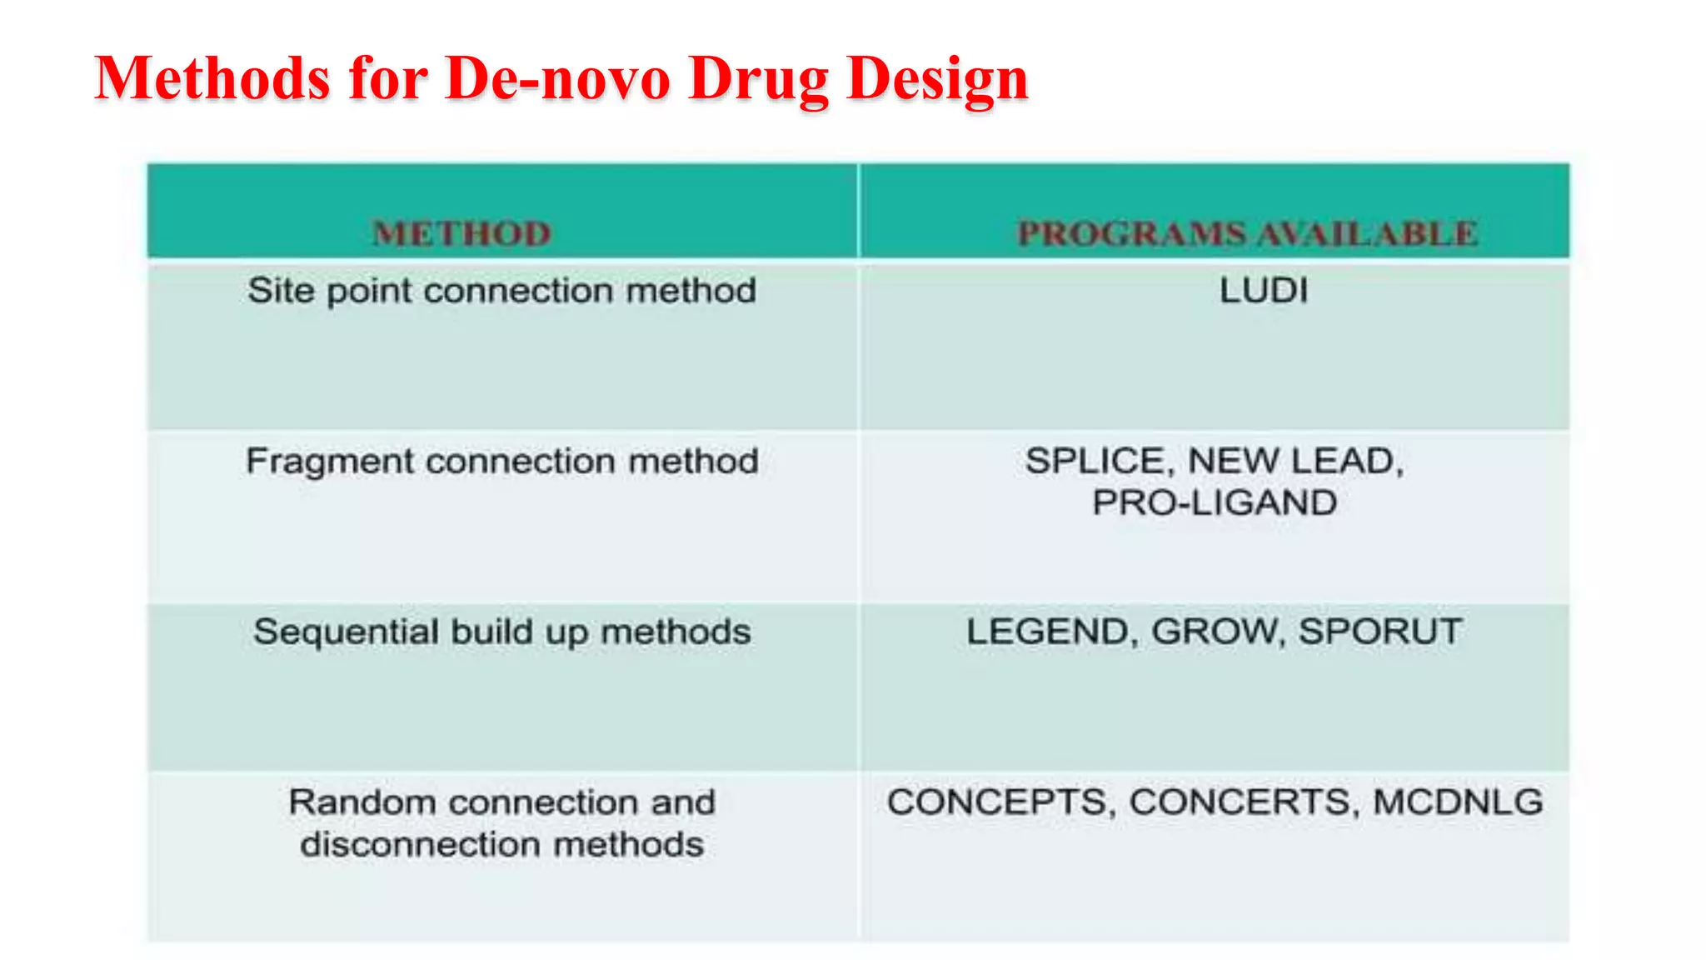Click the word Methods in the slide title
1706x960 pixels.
click(x=212, y=78)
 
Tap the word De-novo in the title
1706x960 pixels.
click(x=557, y=78)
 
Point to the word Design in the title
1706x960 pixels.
click(x=937, y=80)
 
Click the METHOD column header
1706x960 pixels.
click(x=461, y=233)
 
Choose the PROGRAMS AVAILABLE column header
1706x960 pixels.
click(x=1248, y=233)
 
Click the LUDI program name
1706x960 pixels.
click(x=1264, y=291)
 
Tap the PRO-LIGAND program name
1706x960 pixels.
click(x=1215, y=502)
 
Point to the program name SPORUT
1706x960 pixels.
click(x=1379, y=632)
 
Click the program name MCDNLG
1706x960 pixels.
click(x=1458, y=802)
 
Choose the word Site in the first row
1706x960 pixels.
click(x=280, y=291)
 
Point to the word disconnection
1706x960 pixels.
click(x=420, y=845)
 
